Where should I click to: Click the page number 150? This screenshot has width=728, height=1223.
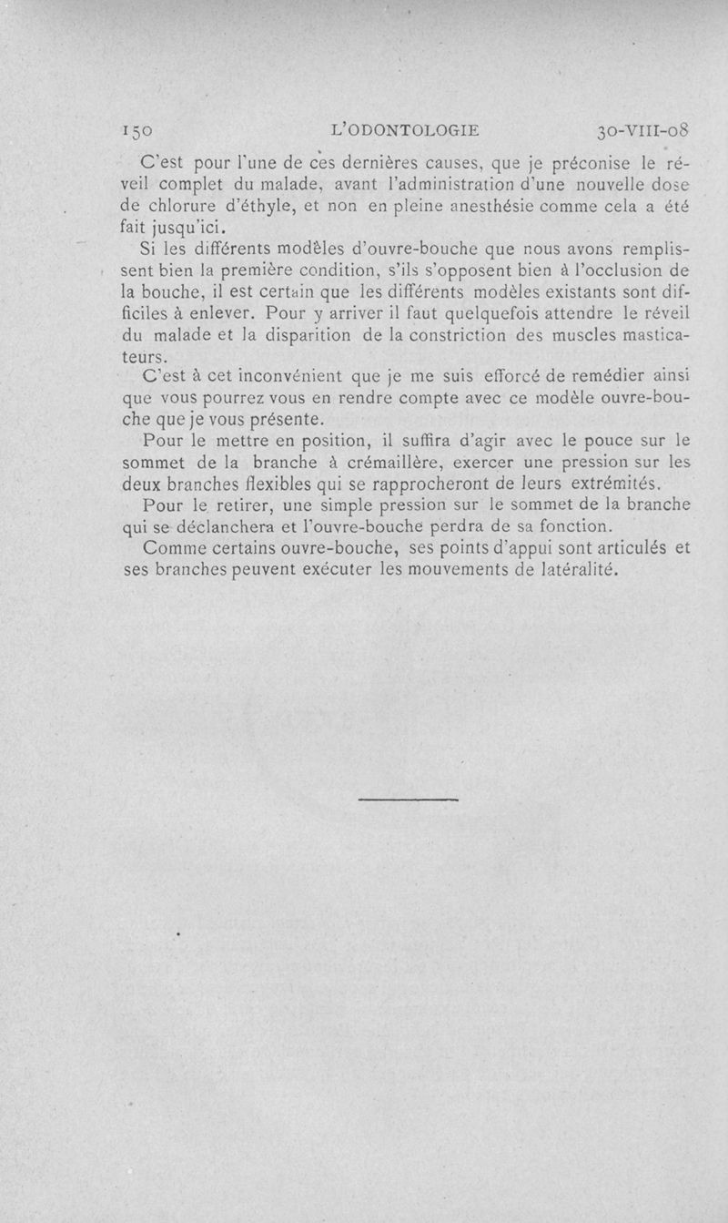[x=142, y=130]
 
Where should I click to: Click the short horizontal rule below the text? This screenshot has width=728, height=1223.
[x=408, y=800]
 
